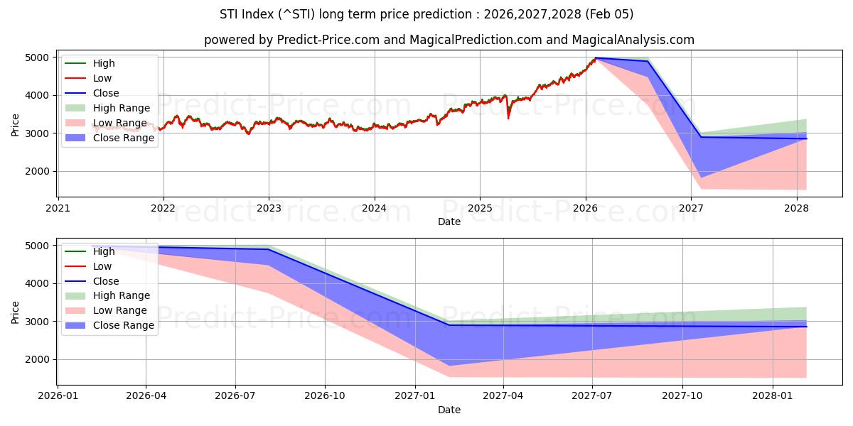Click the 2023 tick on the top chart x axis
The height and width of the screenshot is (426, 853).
[268, 208]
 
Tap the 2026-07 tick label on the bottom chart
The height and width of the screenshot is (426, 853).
[235, 396]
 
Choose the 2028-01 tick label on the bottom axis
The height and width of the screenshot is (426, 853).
[771, 396]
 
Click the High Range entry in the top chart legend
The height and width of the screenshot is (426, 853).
[121, 108]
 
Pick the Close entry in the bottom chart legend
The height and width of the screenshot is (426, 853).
[106, 281]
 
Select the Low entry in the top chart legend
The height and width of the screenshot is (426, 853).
[102, 78]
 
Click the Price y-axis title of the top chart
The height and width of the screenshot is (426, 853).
[16, 124]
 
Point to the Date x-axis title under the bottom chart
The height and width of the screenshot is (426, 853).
[449, 410]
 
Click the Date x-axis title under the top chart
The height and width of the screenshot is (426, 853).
[449, 222]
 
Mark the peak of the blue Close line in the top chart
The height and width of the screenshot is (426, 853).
[596, 58]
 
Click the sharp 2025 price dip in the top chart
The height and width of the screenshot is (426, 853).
[508, 117]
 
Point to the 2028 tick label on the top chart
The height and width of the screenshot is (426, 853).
[796, 208]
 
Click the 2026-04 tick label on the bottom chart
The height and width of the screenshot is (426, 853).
[146, 396]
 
